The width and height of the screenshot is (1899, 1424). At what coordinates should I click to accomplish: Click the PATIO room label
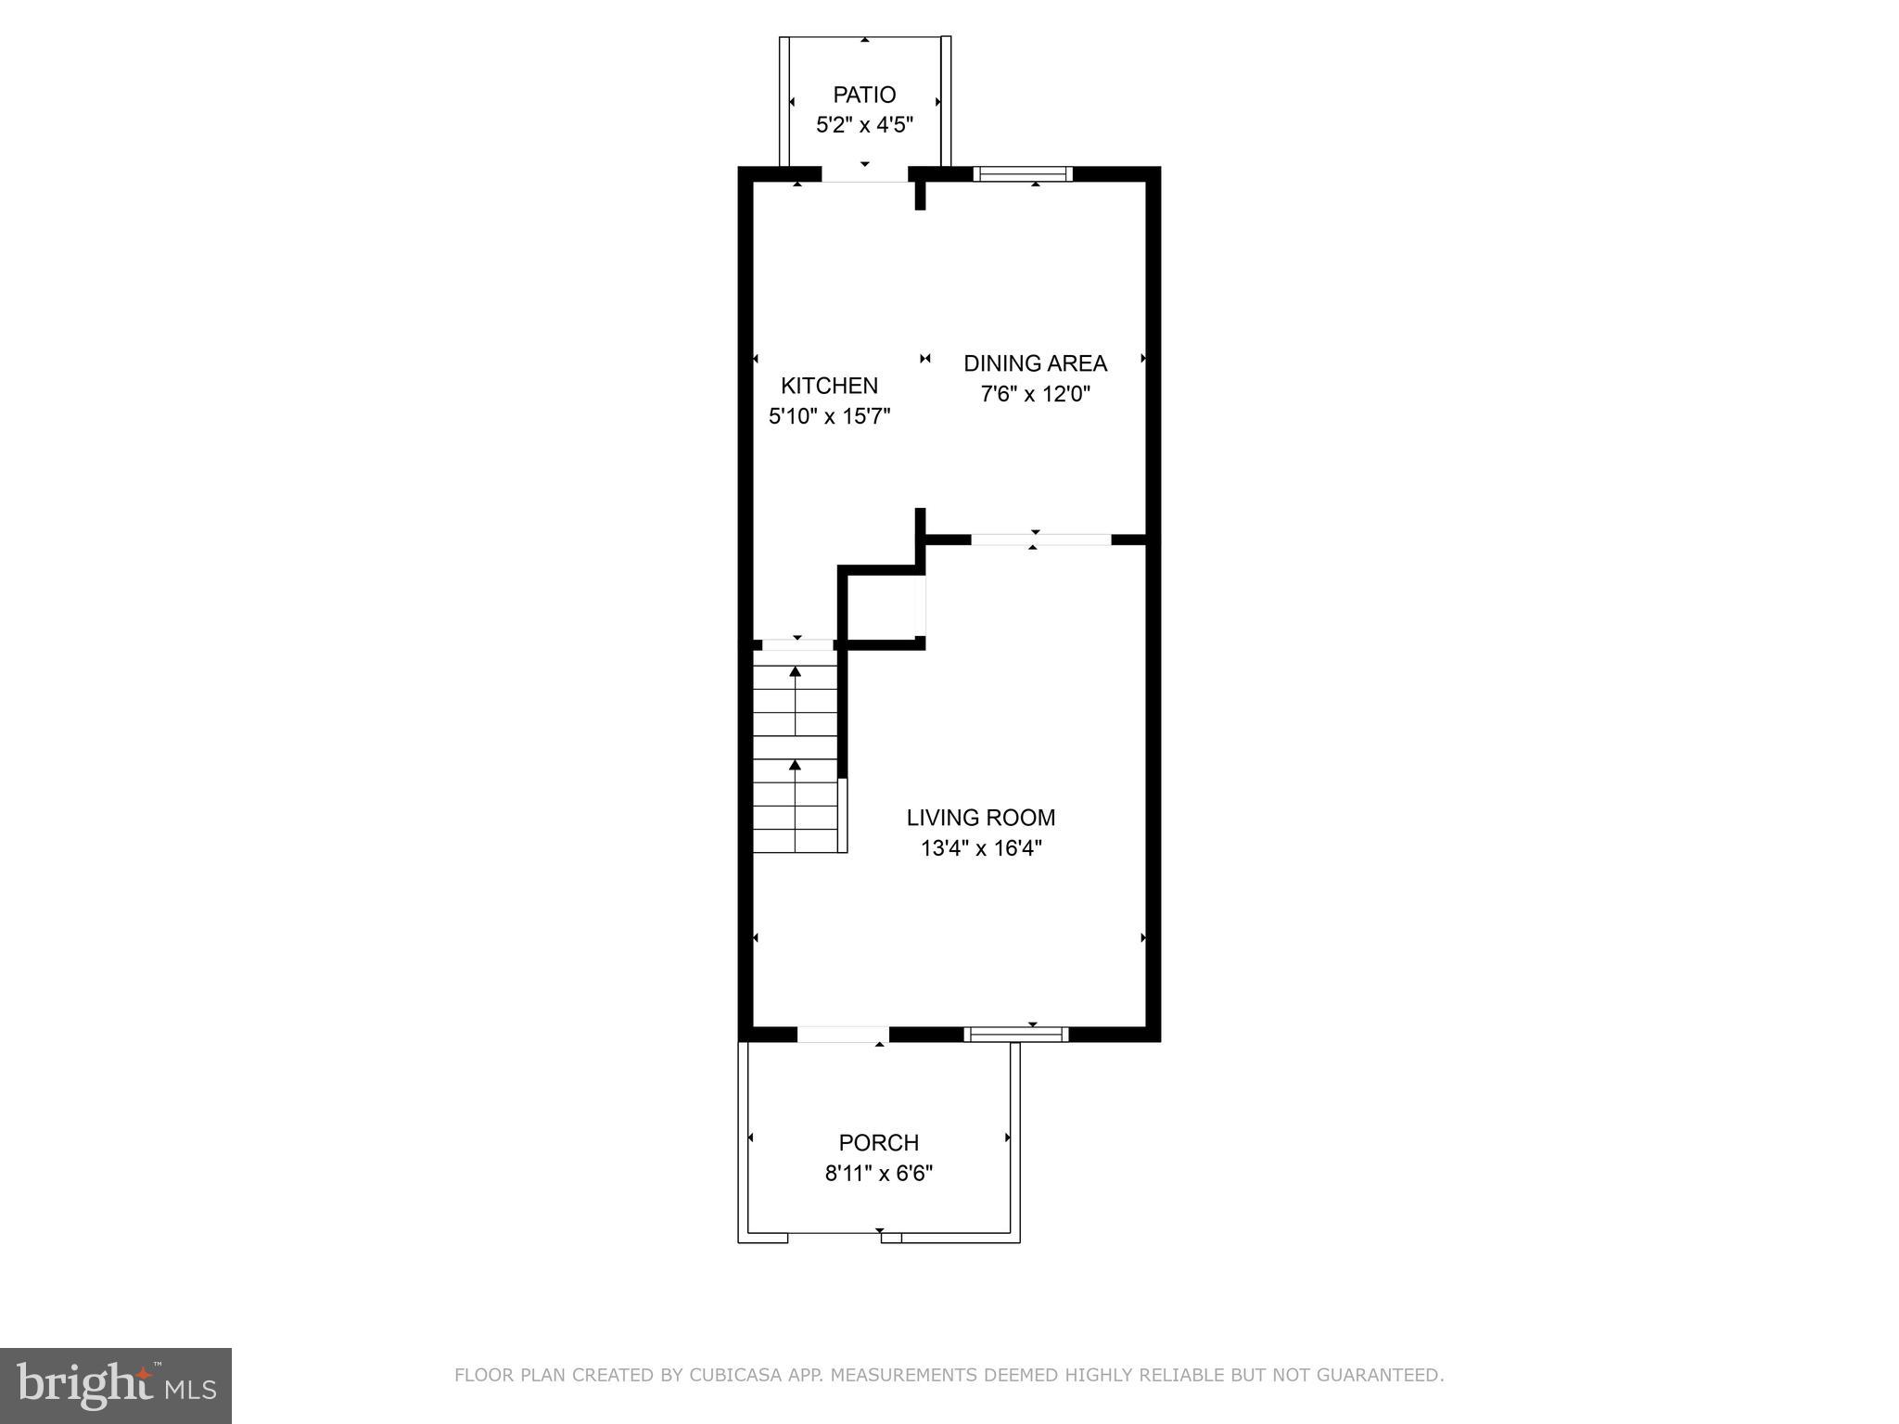coord(864,95)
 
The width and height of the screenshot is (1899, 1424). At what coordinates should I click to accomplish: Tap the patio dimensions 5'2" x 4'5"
coord(864,125)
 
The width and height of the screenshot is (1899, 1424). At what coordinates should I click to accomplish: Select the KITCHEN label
coord(829,386)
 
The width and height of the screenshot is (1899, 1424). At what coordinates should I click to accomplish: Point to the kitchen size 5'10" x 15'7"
coord(829,416)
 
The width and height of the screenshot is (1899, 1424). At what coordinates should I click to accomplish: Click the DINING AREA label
coord(1035,363)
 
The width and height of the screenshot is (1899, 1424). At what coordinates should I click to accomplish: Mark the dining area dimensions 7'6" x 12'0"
coord(1035,394)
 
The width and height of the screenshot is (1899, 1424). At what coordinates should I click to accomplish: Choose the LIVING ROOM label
coord(981,818)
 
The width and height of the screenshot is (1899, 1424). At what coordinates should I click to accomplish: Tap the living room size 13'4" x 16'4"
coord(981,848)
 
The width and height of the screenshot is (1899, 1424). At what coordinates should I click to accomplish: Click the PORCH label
coord(878,1143)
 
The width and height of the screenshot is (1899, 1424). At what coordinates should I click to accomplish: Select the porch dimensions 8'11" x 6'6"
coord(878,1174)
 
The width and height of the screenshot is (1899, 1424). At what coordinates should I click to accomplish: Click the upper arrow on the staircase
coord(795,671)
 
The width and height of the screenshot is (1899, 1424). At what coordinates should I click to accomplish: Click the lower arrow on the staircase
coord(795,765)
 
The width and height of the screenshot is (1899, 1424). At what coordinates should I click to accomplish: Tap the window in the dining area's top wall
coord(1023,173)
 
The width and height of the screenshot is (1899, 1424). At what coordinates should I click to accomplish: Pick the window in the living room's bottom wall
coord(1016,1035)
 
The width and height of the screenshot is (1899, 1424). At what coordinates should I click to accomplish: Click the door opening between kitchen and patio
coord(864,174)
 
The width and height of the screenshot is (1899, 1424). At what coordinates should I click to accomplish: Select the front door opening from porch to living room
coord(843,1035)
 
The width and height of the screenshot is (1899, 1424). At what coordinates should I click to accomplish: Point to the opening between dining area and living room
coord(1040,540)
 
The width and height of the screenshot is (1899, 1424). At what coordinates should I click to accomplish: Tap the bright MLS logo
coord(116,1386)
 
